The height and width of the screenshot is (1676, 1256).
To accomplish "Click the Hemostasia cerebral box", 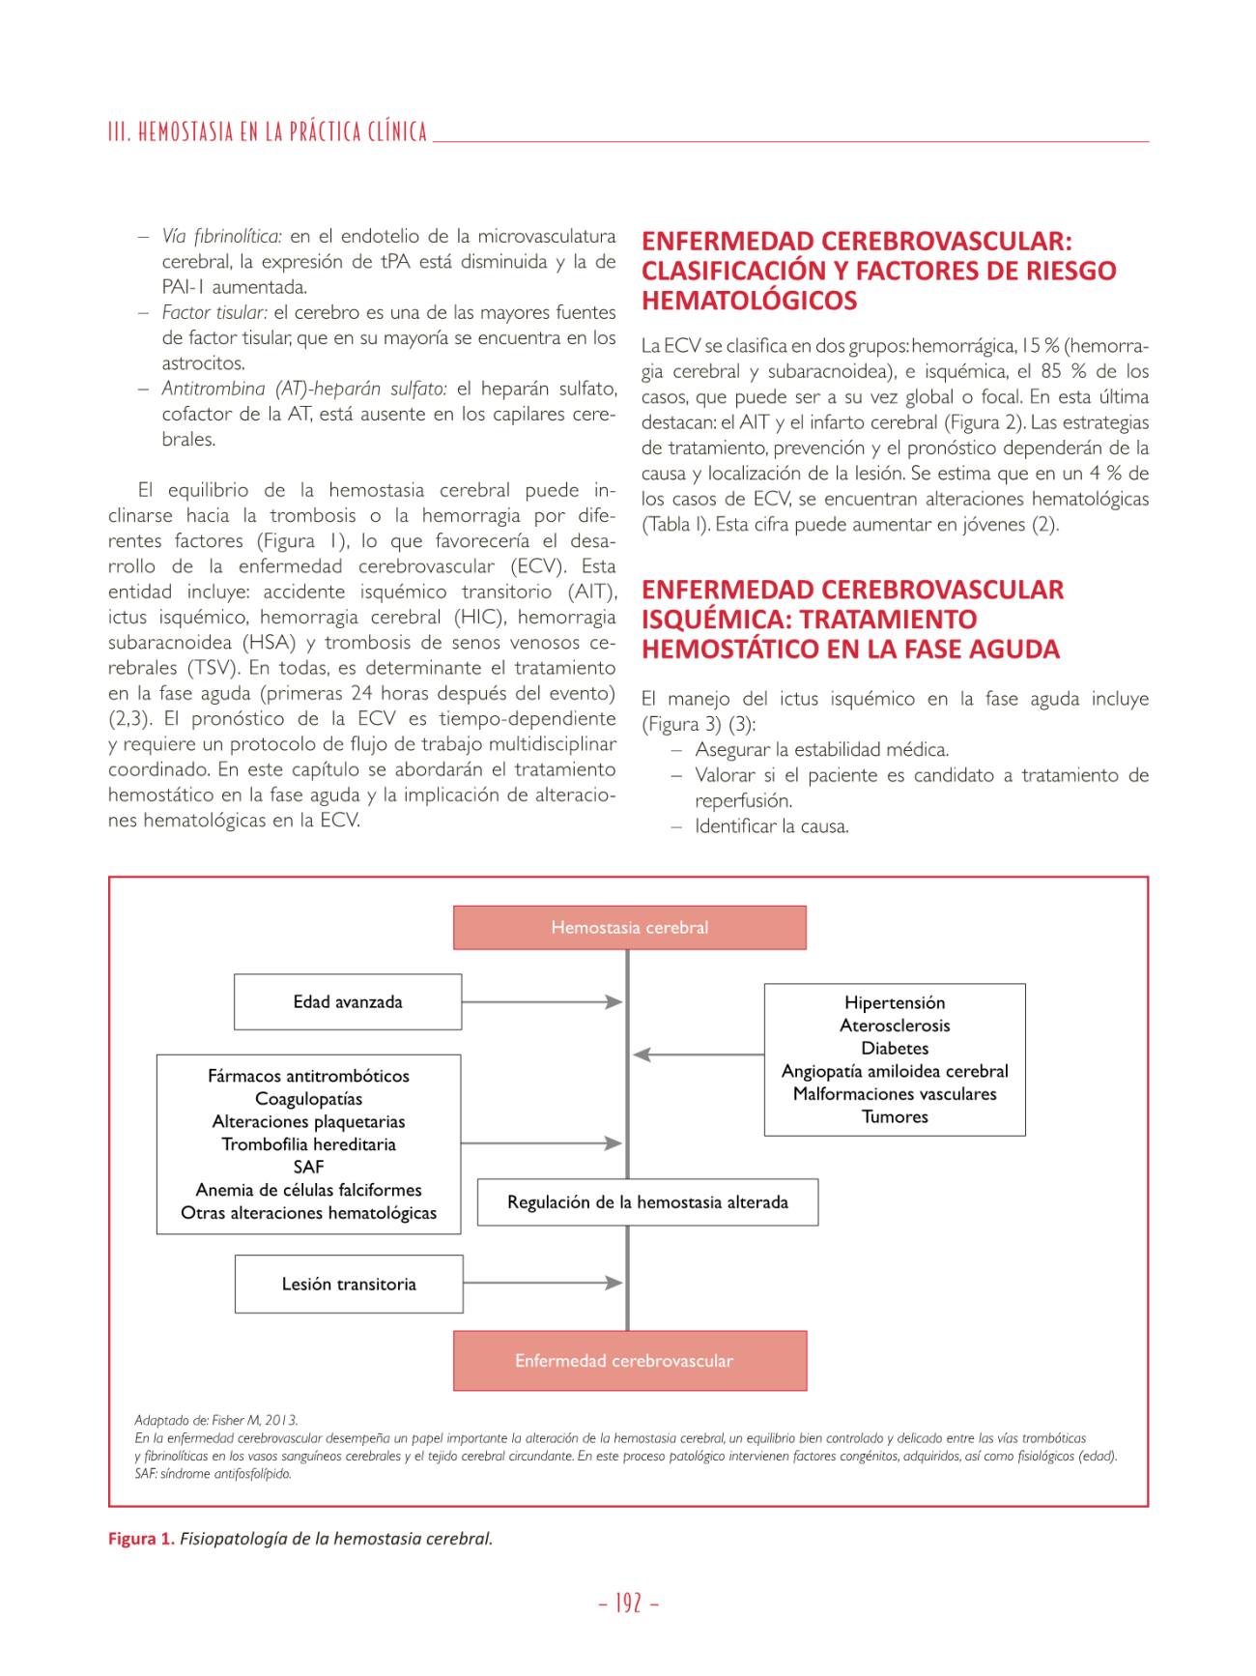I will [629, 928].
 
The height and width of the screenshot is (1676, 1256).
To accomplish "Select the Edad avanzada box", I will [348, 1002].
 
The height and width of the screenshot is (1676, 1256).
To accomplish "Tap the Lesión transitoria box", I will [349, 1285].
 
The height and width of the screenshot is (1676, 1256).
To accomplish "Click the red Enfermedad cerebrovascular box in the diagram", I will [629, 1361].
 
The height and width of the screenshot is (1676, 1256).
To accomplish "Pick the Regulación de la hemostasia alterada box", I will [647, 1202].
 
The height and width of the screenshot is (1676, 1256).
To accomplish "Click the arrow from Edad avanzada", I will [541, 1002].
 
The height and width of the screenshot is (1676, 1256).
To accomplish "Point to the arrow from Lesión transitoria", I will [542, 1284].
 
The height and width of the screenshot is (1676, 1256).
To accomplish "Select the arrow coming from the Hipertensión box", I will [698, 1055].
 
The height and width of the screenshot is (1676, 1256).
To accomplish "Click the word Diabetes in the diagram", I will [895, 1049].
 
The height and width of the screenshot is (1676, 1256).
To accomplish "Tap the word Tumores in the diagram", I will [895, 1117].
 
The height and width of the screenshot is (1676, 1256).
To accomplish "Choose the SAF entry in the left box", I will [308, 1168].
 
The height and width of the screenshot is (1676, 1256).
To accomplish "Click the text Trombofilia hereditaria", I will [308, 1144].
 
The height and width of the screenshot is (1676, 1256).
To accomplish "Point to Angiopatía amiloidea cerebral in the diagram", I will [895, 1071].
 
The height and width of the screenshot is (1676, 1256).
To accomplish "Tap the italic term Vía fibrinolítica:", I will [221, 237].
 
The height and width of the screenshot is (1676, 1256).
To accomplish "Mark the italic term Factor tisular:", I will [214, 313].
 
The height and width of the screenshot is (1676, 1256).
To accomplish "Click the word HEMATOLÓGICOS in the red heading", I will [749, 302].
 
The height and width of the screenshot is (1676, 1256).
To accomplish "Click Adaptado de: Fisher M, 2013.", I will [215, 1420].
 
